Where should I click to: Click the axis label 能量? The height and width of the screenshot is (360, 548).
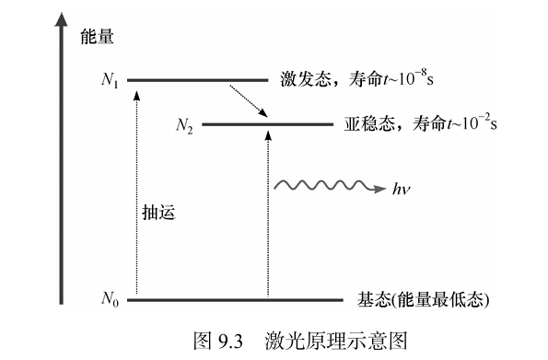[x=97, y=36]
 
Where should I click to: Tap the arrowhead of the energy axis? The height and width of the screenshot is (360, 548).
[x=61, y=19]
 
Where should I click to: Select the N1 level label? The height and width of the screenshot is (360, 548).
[x=110, y=80]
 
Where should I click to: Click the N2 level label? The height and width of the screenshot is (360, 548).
[x=184, y=125]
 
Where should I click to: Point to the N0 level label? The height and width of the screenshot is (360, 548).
[x=111, y=299]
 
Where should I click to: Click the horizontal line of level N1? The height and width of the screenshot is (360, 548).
[x=197, y=80]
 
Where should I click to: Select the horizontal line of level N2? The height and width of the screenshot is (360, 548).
[x=268, y=124]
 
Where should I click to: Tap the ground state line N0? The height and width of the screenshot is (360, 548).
[x=235, y=299]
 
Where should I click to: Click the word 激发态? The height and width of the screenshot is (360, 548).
[x=306, y=79]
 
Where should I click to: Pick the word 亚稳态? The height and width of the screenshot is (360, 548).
[x=369, y=123]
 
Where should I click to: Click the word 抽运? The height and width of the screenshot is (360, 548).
[x=158, y=212]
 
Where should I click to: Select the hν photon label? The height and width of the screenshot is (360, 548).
[x=401, y=189]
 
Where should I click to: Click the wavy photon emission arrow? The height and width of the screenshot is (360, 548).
[x=329, y=185]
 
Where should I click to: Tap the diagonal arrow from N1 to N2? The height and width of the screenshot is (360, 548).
[x=248, y=100]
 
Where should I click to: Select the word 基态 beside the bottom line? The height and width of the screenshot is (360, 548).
[x=373, y=299]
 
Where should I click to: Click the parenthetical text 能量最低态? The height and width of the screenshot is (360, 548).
[x=440, y=299]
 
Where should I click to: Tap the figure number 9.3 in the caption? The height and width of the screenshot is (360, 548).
[x=230, y=342]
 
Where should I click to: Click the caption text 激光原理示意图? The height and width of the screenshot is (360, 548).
[x=336, y=341]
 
